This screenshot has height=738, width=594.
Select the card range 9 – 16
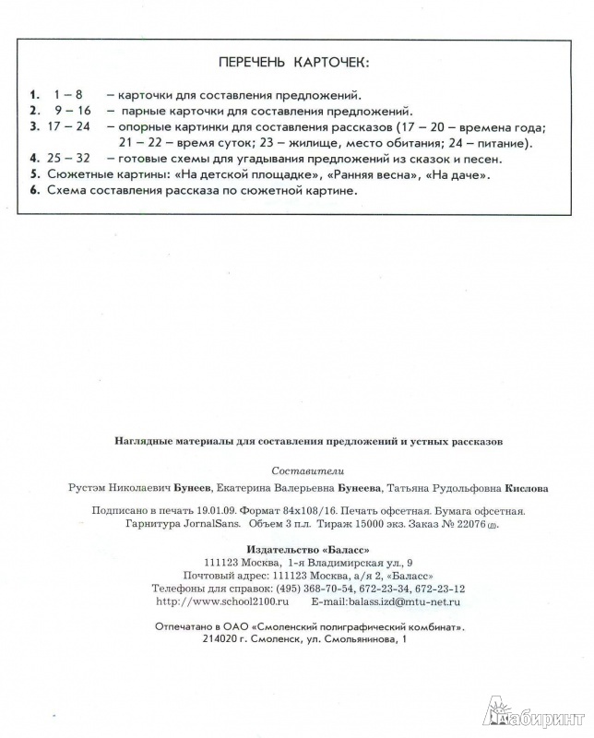[71, 110]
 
